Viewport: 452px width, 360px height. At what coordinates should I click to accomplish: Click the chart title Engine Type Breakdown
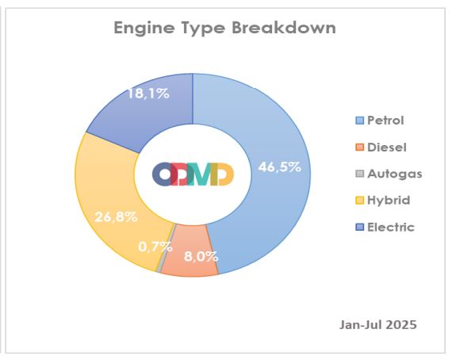(x=225, y=29)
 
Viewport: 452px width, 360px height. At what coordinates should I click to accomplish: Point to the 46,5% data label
(x=280, y=167)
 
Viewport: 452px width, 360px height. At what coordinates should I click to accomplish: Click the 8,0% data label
(x=201, y=256)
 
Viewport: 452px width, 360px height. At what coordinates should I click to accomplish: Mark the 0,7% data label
(x=155, y=247)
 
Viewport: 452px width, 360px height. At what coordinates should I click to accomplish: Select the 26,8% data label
(x=116, y=216)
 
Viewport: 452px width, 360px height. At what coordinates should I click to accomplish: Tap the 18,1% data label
(x=148, y=94)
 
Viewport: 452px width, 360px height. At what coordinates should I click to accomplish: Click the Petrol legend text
(x=385, y=121)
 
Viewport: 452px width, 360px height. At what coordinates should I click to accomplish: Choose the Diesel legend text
(x=387, y=147)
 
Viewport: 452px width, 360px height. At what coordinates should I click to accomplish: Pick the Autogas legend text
(x=395, y=174)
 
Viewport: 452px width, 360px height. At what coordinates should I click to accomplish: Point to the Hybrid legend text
(x=389, y=200)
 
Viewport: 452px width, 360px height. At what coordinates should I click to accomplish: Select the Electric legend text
(x=391, y=227)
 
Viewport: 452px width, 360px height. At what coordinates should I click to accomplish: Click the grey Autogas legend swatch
(x=360, y=174)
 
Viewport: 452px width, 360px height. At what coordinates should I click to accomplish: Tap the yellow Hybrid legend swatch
(x=360, y=201)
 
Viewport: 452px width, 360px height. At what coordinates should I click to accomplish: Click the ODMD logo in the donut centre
(x=193, y=174)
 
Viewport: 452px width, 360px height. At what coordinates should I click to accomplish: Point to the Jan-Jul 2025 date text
(x=378, y=324)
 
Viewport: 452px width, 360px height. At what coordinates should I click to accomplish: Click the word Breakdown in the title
(x=284, y=29)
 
